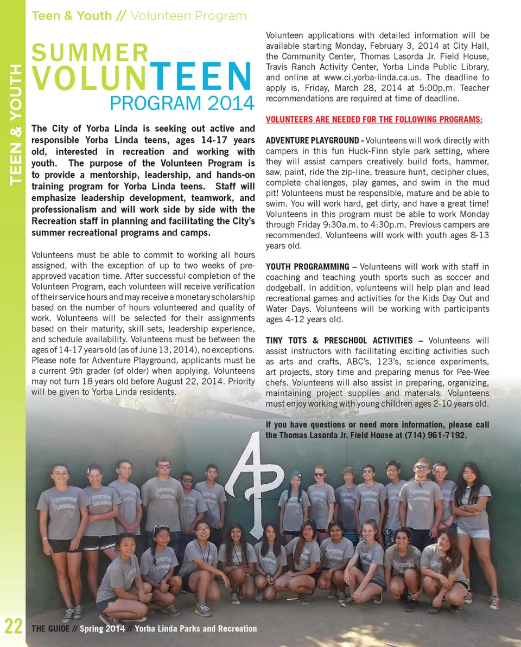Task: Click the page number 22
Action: click(x=12, y=626)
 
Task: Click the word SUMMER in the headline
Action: click(x=90, y=53)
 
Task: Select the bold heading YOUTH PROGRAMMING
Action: click(x=307, y=267)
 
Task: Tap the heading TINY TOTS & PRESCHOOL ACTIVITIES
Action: click(x=339, y=341)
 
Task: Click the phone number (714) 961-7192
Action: click(x=435, y=435)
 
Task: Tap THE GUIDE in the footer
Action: click(x=50, y=629)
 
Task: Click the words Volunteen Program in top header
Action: click(x=188, y=16)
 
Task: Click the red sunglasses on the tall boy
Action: click(x=163, y=466)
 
